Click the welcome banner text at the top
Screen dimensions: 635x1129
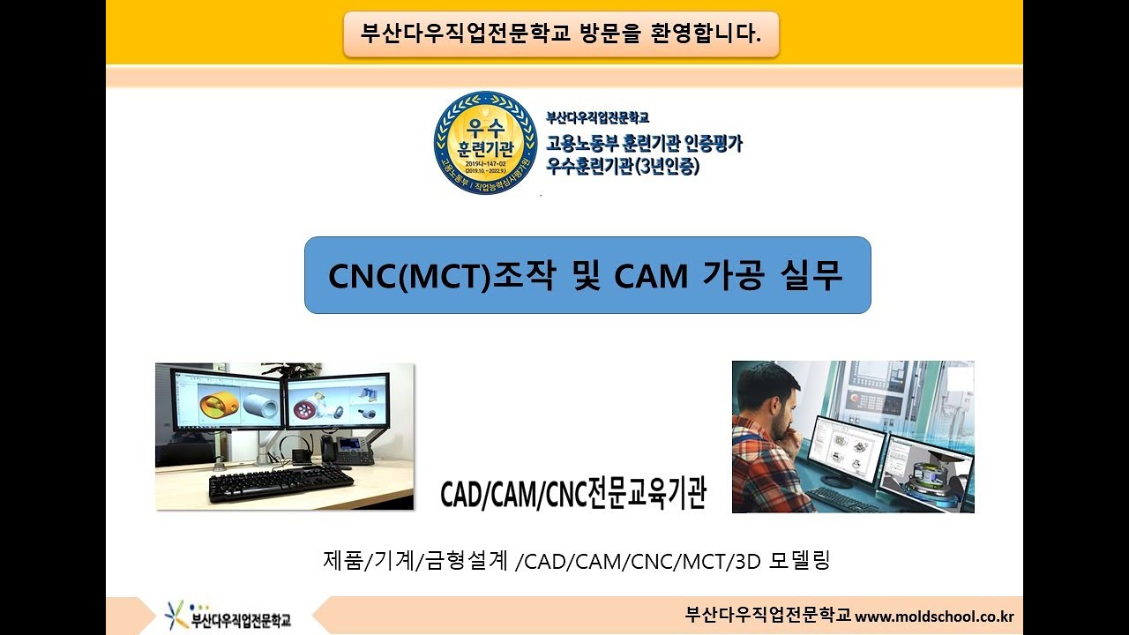pyautogui.click(x=561, y=34)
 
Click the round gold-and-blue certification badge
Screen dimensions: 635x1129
pyautogui.click(x=485, y=142)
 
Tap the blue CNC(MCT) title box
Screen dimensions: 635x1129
pyautogui.click(x=587, y=274)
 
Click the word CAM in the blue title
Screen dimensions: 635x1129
pyautogui.click(x=651, y=276)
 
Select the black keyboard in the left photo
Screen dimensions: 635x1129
pyautogui.click(x=280, y=482)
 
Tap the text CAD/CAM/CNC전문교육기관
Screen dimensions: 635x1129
pyautogui.click(x=573, y=494)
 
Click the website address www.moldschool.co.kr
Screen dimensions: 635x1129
pyautogui.click(x=934, y=616)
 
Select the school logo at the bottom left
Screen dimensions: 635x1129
pyautogui.click(x=228, y=616)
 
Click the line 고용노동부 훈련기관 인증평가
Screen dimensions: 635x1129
pyautogui.click(x=644, y=142)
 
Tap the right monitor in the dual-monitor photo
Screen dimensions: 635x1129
pyautogui.click(x=338, y=401)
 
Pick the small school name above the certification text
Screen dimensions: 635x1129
pyautogui.click(x=598, y=117)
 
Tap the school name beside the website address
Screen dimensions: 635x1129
pyautogui.click(x=767, y=616)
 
